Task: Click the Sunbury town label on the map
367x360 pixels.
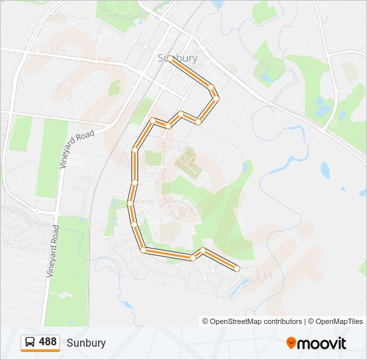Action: pyautogui.click(x=177, y=58)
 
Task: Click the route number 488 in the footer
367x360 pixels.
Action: pyautogui.click(x=47, y=342)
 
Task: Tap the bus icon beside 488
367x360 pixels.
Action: pyautogui.click(x=30, y=343)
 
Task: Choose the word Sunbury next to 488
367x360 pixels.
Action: pyautogui.click(x=86, y=343)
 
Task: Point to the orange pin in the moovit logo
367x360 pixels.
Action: pyautogui.click(x=292, y=343)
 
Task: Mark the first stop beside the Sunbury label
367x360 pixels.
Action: pyautogui.click(x=171, y=59)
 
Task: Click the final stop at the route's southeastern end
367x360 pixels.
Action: pyautogui.click(x=237, y=268)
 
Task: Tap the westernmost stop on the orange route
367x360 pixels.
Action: pyautogui.click(x=130, y=203)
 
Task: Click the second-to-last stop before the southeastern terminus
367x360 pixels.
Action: pyautogui.click(x=203, y=251)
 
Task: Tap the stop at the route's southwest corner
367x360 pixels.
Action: pyautogui.click(x=143, y=250)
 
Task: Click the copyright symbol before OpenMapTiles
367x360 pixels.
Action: pyautogui.click(x=310, y=321)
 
